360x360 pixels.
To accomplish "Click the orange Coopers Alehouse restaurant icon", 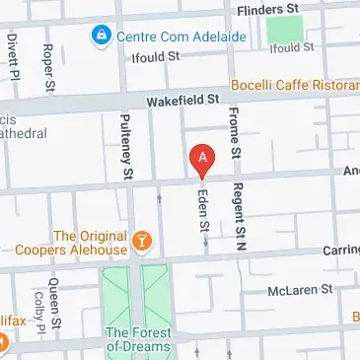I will (x=143, y=239).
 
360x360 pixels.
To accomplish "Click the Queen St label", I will (x=55, y=316).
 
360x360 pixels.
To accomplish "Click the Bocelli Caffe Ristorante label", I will (x=296, y=86).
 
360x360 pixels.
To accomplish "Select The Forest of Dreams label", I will (x=138, y=340).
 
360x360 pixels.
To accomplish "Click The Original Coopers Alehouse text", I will (x=91, y=243).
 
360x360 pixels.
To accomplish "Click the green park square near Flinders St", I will (x=285, y=29).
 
